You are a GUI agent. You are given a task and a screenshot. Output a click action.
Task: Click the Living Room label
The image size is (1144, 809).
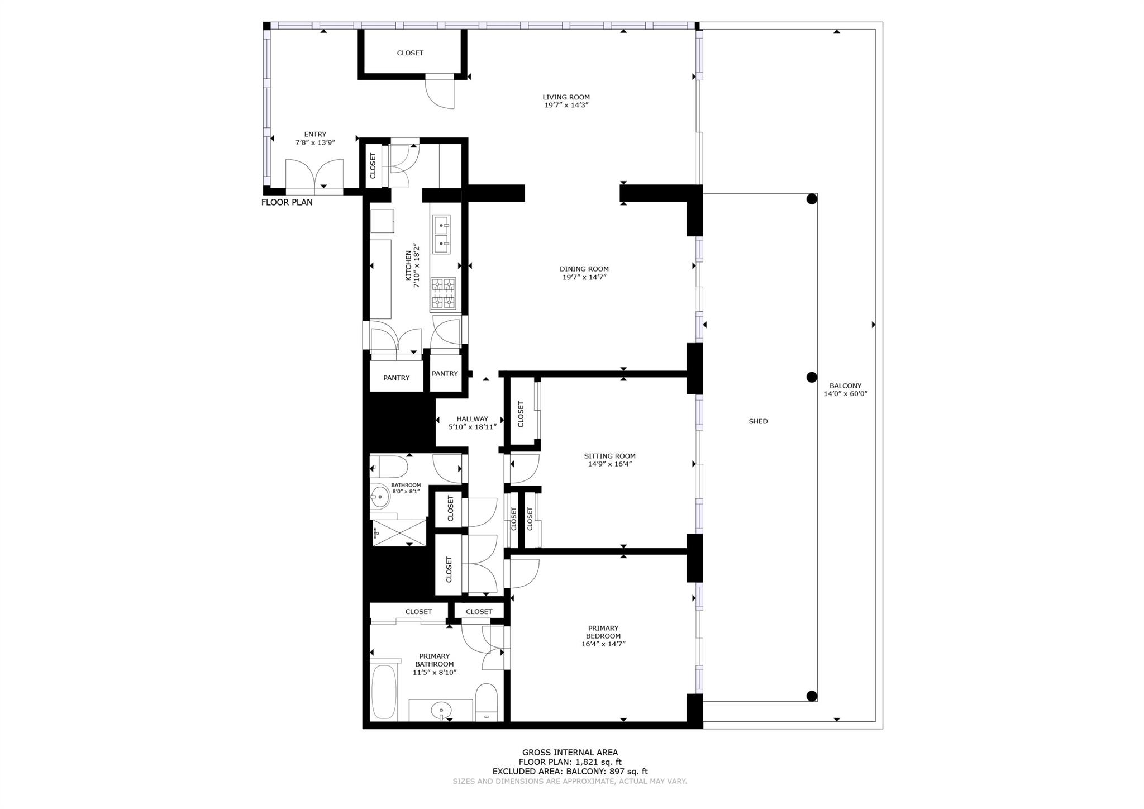coord(566,97)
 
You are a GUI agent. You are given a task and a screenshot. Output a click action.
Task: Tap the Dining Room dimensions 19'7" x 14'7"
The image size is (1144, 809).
coord(584,277)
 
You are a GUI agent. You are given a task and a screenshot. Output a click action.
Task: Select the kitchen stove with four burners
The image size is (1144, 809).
coord(443,294)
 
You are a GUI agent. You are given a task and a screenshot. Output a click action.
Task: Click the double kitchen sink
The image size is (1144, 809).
coord(442,234)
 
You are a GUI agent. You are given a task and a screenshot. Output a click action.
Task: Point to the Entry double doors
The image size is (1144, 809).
coord(314,175)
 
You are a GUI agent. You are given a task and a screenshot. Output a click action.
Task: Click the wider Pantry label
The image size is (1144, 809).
coord(396,378)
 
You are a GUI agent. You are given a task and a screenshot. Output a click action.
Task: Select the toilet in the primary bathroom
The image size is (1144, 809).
coord(486,703)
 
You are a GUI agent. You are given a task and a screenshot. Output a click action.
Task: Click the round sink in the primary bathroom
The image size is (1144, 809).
coord(441,711)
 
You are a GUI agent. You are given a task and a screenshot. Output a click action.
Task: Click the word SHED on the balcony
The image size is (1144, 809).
coord(758,421)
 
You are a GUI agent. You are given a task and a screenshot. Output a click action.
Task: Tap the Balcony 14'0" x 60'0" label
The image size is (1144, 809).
coord(845,389)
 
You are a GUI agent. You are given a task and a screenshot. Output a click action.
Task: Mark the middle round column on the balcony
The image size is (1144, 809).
coord(812,378)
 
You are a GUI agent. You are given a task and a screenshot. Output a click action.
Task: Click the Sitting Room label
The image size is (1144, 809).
coord(609,456)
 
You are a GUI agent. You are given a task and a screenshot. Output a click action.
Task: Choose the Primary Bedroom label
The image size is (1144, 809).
coord(603,632)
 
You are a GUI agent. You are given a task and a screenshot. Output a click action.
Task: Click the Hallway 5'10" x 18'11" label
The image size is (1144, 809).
coord(472,423)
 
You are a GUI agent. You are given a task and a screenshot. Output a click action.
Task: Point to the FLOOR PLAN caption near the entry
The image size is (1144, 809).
coord(287,202)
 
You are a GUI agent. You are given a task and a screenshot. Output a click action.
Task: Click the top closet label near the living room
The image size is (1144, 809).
coord(410,53)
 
